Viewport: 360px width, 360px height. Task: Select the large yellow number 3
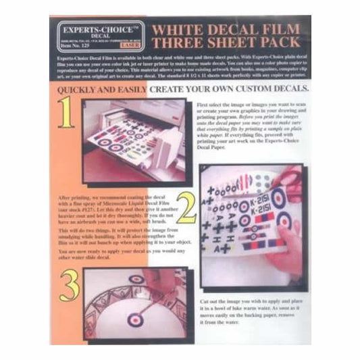[70, 286]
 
